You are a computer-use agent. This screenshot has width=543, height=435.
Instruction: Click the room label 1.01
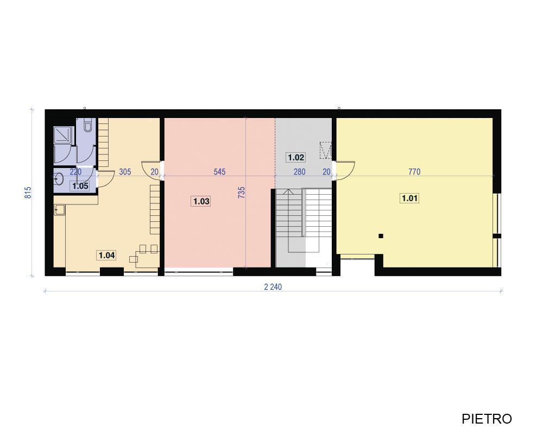coord(409,198)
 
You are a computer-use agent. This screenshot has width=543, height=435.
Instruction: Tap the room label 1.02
coord(296,158)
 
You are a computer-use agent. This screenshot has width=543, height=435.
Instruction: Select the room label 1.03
coord(201,201)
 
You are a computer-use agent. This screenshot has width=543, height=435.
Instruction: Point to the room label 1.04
coord(106,256)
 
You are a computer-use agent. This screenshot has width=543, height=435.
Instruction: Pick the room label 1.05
coord(80,186)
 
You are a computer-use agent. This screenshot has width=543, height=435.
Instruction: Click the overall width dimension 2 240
coord(273,287)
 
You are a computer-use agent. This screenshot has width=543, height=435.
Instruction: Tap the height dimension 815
coord(28,193)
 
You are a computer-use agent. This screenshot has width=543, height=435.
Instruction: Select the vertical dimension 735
coord(242,193)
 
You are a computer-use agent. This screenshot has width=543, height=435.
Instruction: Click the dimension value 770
coord(414,172)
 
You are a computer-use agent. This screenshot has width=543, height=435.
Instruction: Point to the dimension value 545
coord(219,172)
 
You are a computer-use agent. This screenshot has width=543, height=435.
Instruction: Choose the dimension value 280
coord(300,172)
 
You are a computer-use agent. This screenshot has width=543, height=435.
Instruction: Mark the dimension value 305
coord(125,172)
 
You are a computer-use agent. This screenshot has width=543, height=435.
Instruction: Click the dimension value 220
coord(75,172)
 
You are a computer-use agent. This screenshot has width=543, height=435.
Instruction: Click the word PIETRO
coord(487,419)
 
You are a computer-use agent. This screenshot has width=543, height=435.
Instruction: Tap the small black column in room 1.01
coord(381,236)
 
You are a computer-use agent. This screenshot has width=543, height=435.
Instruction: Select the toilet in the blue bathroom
coord(88,125)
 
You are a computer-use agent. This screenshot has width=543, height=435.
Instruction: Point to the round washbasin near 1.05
coord(59,179)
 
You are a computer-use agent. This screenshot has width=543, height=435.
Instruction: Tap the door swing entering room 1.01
coord(345,171)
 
